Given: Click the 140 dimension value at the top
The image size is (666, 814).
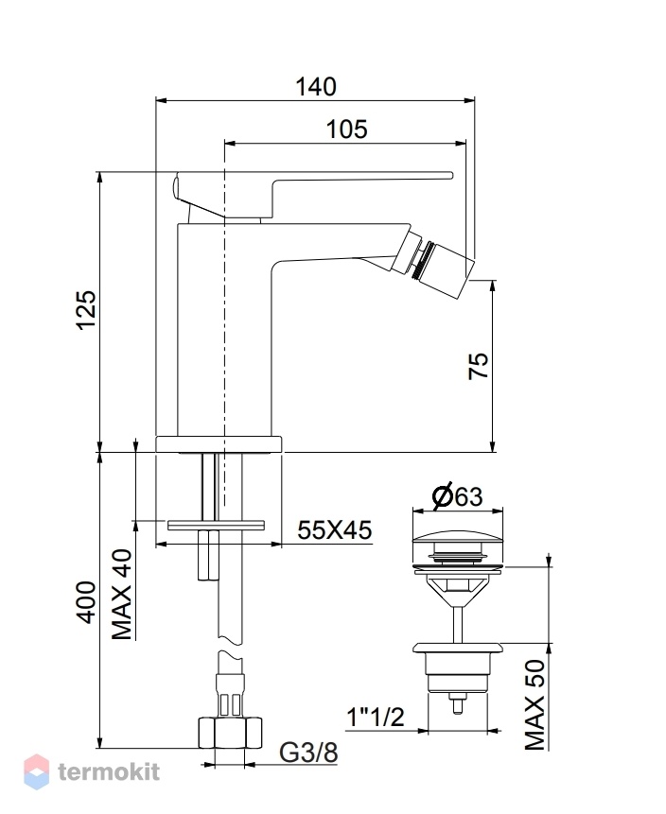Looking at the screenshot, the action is tap(316, 87).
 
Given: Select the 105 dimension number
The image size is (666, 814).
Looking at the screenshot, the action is tap(346, 130).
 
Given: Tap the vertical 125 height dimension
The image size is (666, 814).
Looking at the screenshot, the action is tap(86, 310).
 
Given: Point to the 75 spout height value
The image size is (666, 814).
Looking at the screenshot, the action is tap(479, 366).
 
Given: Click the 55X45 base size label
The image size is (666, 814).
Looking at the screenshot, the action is tap(335, 530).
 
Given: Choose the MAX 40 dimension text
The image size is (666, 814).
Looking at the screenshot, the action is tap(122, 595).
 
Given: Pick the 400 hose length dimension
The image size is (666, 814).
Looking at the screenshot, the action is tap(86, 602).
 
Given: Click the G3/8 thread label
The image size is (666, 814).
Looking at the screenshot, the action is tap(308, 753).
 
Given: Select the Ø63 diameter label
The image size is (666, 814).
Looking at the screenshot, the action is tap(457, 496).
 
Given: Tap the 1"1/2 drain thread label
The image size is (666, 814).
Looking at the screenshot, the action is tap(375, 717).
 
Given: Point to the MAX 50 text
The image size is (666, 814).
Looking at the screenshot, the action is tap(535, 704).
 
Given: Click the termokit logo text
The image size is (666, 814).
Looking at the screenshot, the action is tap(109, 772).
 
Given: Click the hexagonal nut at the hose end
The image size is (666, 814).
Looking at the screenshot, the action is tap(230, 733).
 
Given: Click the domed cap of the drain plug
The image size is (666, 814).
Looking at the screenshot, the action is tap(458, 537).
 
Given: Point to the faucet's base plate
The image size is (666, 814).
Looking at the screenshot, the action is tap(219, 443).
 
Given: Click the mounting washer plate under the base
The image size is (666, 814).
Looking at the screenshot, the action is tap(216, 525).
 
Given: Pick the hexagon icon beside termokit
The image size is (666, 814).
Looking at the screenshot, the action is tap(37, 772).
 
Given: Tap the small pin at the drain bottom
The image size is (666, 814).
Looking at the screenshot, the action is tap(458, 704).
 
